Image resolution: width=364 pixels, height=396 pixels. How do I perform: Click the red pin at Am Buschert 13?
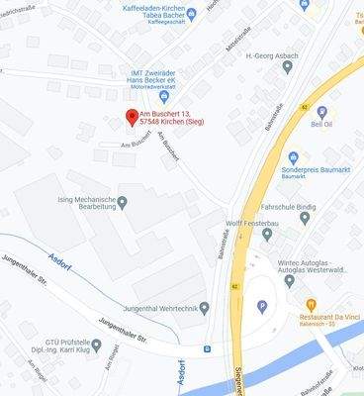coord(132,117)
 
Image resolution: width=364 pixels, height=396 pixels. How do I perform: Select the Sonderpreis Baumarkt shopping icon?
coord(293,157)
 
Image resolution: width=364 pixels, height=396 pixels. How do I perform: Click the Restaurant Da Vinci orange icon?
coord(312,304)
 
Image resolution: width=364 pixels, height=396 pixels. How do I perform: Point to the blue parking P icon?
coord(262,307)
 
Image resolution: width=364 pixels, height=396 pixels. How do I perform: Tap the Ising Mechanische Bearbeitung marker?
coord(122,202)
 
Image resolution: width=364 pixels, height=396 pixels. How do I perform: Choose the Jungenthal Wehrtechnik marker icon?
coord(205,308)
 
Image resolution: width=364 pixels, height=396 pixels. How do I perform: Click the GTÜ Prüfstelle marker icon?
coord(96,346)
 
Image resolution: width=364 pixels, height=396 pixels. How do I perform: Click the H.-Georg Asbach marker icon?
coord(288,67)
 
